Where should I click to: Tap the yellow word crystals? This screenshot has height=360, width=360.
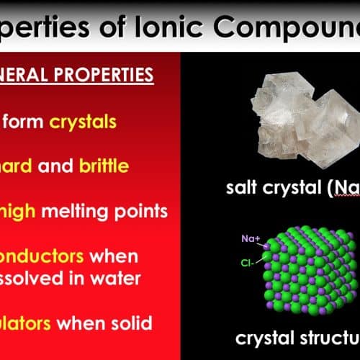click(x=83, y=122)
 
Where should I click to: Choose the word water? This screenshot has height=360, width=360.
click(x=123, y=279)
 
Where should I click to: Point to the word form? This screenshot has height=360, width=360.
click(x=27, y=122)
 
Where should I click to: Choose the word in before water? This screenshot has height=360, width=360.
click(x=86, y=279)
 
